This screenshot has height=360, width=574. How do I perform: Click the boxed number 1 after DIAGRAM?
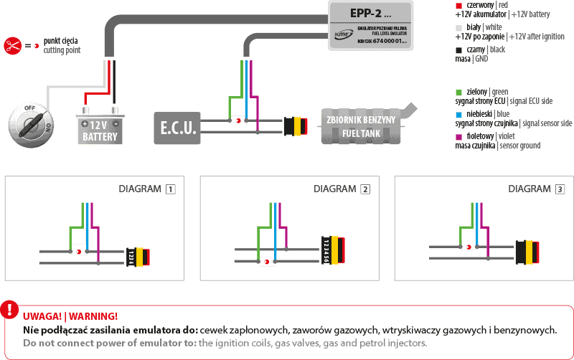(170, 189)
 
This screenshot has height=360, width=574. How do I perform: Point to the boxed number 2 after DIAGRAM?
(365, 189)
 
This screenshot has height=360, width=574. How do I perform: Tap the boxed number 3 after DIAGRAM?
(560, 189)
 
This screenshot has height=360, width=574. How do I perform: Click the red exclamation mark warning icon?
(9, 309)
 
